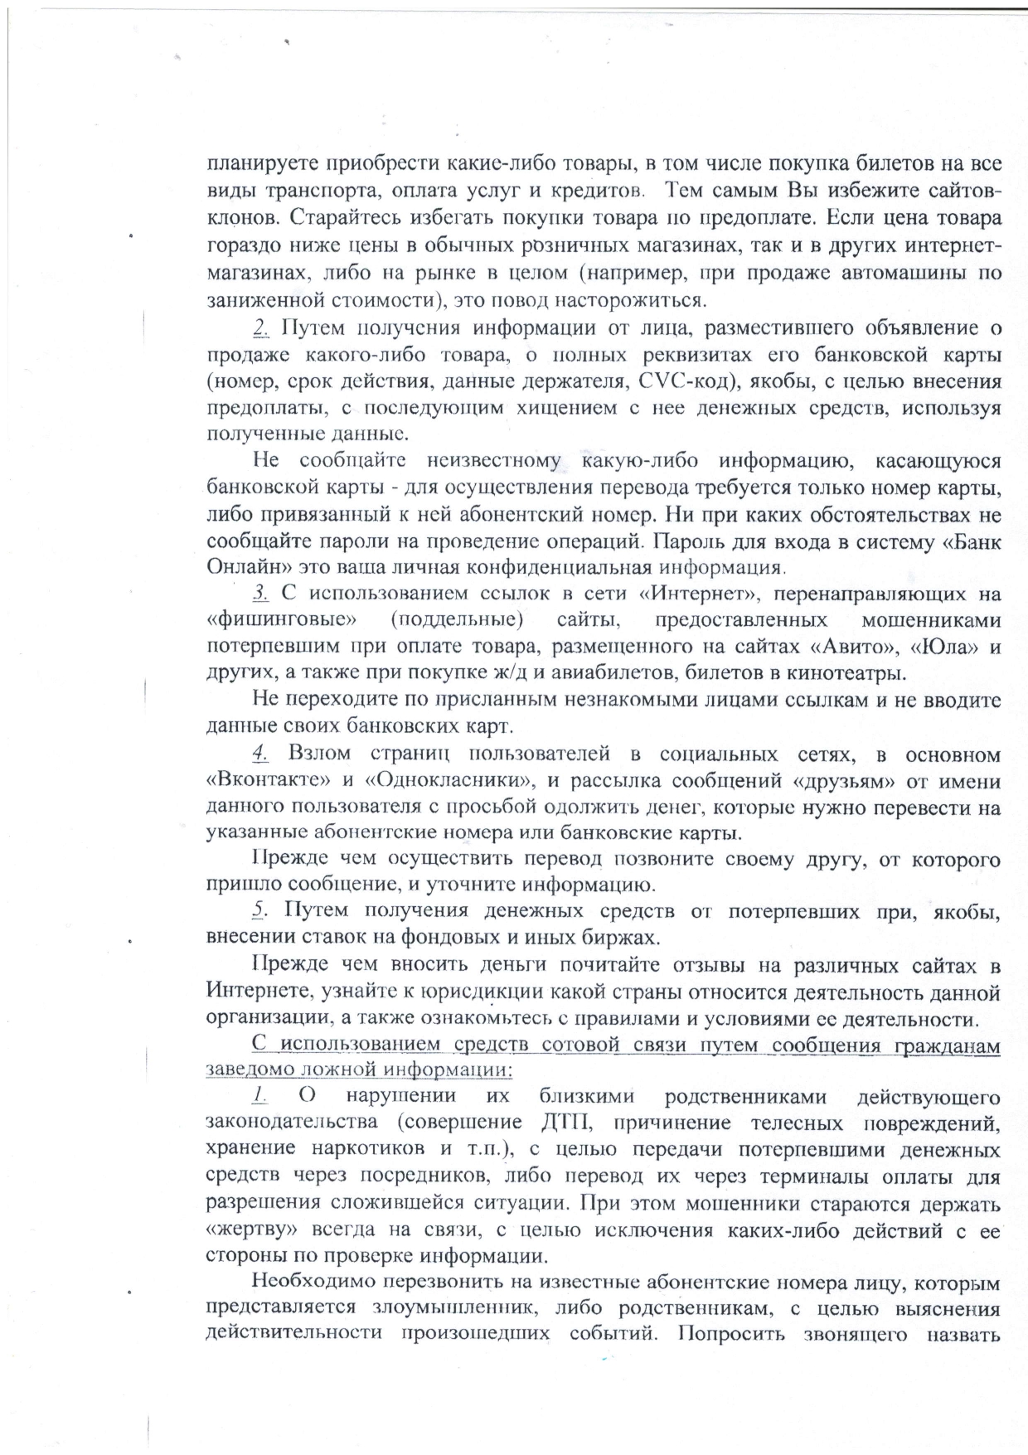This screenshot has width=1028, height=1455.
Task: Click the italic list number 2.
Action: coord(260,328)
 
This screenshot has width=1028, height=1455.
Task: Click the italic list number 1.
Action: coord(259,1096)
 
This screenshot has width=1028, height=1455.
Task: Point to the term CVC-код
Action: coord(688,382)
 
